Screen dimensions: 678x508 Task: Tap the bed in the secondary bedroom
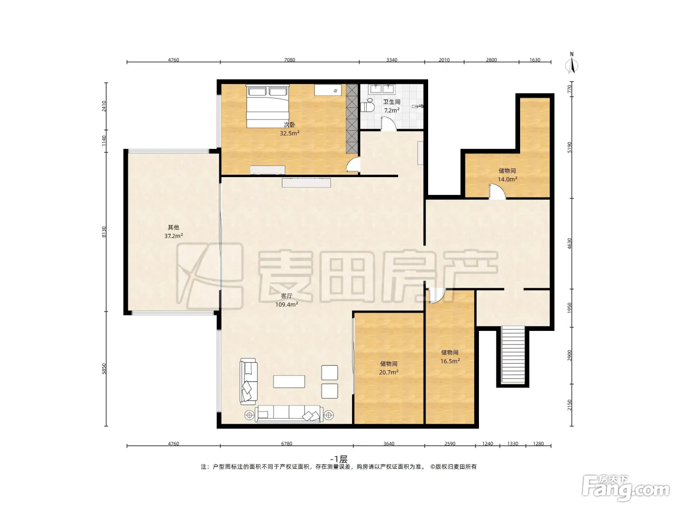267,106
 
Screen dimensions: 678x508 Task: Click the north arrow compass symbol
571,63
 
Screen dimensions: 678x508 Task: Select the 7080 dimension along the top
290,60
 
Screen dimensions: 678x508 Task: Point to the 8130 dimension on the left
104,232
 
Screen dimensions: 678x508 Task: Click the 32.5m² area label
290,133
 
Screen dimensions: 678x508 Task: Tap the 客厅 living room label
286,296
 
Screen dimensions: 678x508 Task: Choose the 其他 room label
173,227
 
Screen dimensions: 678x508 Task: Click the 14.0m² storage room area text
507,179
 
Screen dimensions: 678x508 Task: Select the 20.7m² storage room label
388,372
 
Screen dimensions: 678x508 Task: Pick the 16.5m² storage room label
450,361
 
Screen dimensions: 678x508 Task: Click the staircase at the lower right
513,355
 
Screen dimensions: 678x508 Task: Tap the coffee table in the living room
289,382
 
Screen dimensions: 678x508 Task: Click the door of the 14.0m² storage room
497,192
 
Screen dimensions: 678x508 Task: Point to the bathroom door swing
388,124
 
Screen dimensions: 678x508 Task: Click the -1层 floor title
339,459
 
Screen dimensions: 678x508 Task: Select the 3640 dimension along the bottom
388,444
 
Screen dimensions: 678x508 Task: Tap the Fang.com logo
626,488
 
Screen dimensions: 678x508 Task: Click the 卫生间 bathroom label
392,102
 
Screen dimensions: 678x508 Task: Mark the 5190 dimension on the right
570,147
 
